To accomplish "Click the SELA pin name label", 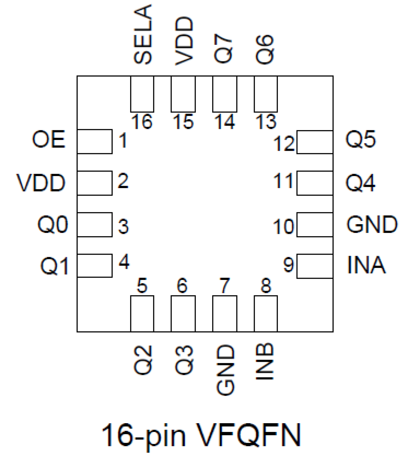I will tap(143, 34).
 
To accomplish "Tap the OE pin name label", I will tap(48, 140).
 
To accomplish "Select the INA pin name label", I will tap(366, 265).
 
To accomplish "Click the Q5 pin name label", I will tap(360, 140).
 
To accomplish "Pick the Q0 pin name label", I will tap(53, 224).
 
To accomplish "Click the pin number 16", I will tap(142, 122).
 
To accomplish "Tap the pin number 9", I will tap(288, 264).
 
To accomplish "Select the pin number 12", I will tap(284, 144).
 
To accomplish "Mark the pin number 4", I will tap(124, 262).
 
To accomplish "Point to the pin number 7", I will tap(224, 286).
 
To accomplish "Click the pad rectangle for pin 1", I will tap(95, 142).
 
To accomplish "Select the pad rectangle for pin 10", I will tap(314, 225).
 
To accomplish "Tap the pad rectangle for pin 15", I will tap(183, 94).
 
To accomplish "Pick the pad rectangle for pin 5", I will tap(142, 313).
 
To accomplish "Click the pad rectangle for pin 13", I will tap(266, 94).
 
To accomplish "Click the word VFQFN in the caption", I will tap(249, 435).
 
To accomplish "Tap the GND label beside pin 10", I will tap(372, 224).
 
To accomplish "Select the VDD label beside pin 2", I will tap(41, 183).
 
